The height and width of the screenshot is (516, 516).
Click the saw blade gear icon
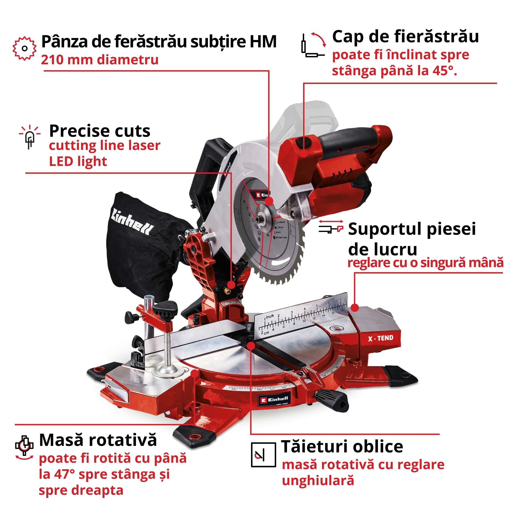[24, 48]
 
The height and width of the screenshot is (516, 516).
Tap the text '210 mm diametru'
[100, 60]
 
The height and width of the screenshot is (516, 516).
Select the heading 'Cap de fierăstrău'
[405, 37]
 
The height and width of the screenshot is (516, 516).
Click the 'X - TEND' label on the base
[380, 339]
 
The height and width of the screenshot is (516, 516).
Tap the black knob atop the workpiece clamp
[165, 308]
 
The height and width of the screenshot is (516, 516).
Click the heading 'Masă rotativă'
[98, 440]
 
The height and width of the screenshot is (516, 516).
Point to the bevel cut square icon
[263, 455]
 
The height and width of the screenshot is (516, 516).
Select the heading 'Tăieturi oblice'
[342, 446]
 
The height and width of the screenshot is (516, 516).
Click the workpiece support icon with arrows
[331, 227]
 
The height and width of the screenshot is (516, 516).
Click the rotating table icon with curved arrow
[24, 447]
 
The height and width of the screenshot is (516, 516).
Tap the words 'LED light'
[78, 162]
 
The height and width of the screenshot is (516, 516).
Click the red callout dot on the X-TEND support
[355, 308]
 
